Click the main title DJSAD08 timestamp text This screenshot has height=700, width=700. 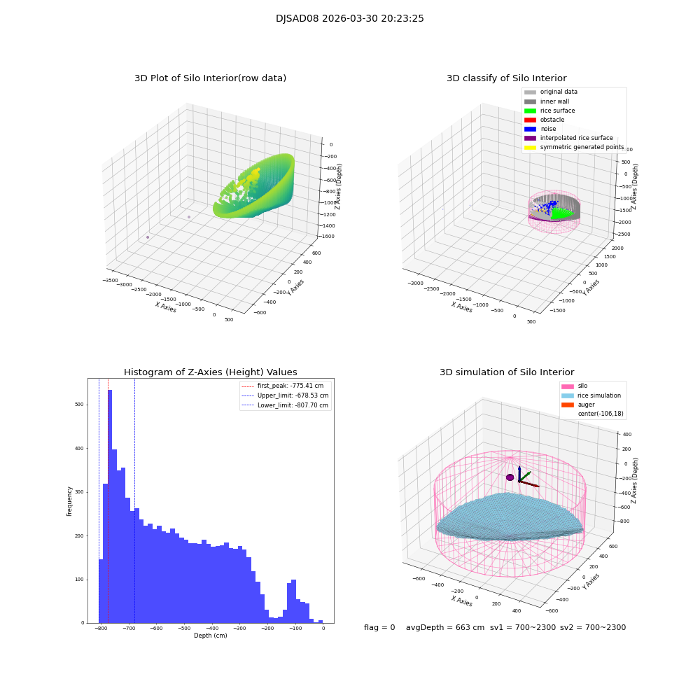349,19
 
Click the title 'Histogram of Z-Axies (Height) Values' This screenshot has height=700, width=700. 210,372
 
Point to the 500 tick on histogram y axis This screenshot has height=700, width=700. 79,405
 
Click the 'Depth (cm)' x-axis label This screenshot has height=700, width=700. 210,636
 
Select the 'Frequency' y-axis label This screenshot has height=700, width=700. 70,501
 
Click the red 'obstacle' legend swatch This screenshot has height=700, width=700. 530,120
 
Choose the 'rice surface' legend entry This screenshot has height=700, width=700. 557,111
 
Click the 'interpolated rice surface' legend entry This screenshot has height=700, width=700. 576,138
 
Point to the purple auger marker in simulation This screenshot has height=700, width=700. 510,477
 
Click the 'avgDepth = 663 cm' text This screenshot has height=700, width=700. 445,628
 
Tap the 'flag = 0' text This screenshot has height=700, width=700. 379,628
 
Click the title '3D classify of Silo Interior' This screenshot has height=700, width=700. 506,78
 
